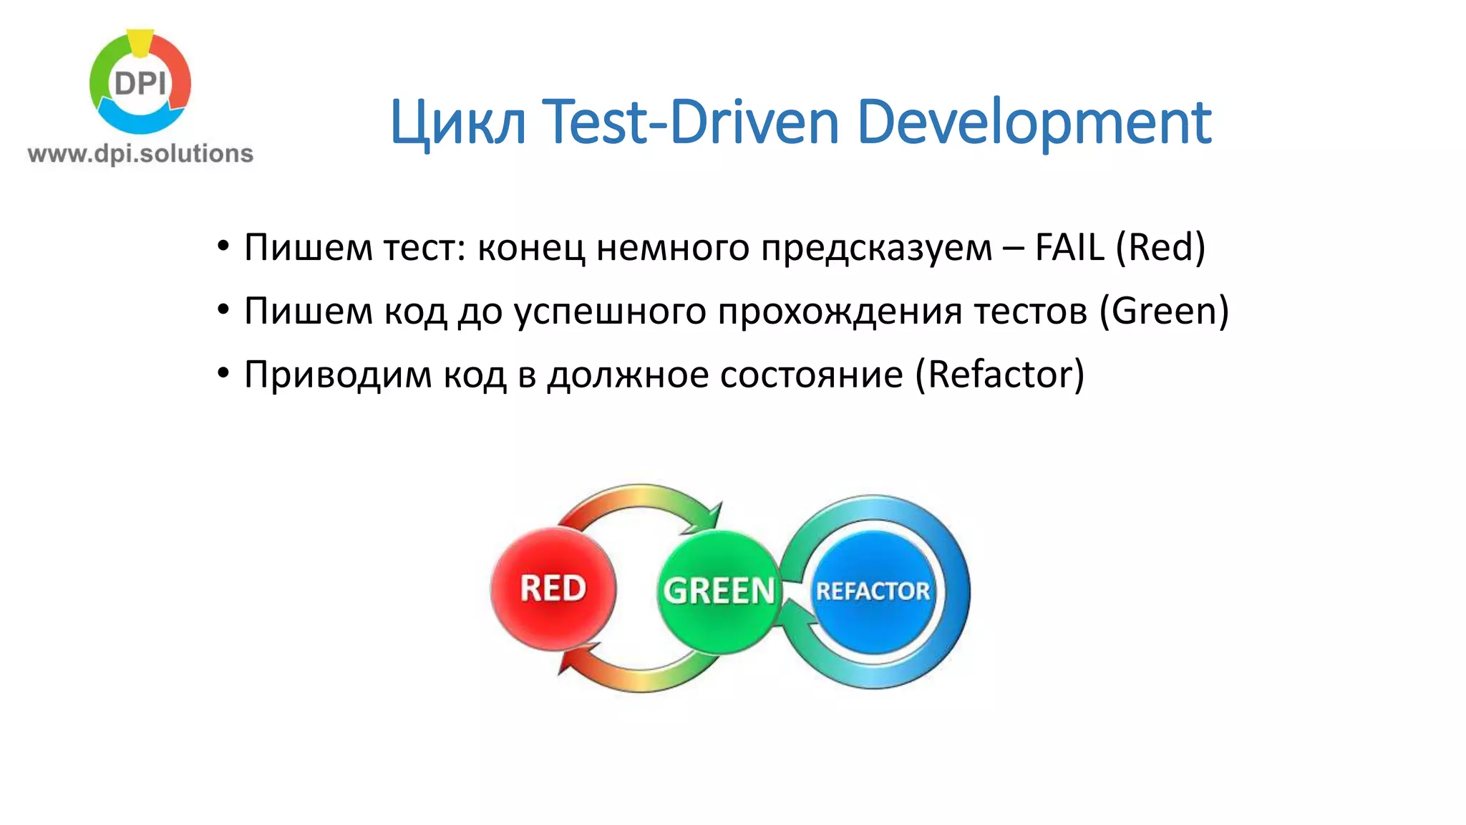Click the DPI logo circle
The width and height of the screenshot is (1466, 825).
click(x=140, y=83)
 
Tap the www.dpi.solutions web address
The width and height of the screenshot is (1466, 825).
click(x=140, y=153)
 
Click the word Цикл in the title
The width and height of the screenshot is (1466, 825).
click(x=458, y=123)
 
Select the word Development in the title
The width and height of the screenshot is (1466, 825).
click(x=1033, y=123)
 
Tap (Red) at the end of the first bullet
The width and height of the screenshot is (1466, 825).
click(x=1160, y=248)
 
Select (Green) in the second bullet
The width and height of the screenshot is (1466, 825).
click(x=1164, y=311)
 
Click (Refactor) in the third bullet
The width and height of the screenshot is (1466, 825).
click(x=1000, y=375)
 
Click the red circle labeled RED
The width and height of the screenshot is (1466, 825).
click(x=553, y=589)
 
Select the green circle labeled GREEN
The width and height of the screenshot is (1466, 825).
click(x=718, y=591)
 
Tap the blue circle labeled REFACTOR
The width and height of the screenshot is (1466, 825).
click(x=873, y=591)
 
